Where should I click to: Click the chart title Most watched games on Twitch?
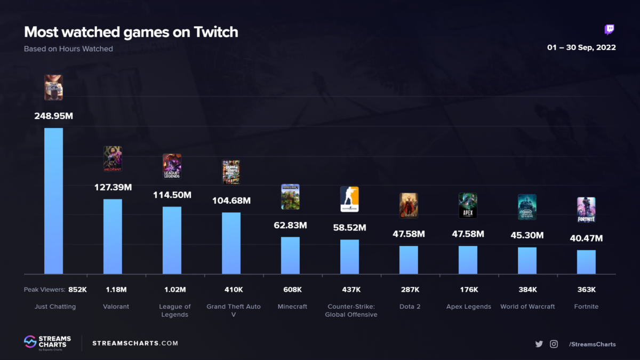point(131,32)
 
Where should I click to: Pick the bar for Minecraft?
point(290,255)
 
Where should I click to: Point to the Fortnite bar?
point(586,262)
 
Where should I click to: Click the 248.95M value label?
point(53,115)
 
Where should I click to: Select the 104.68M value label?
point(231,201)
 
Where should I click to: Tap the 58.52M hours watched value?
point(349,228)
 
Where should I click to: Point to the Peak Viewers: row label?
point(44,290)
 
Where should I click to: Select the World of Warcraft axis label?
point(527,307)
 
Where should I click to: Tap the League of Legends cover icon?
point(172,166)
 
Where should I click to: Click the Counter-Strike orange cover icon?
point(349,199)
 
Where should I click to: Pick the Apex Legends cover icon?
point(468,205)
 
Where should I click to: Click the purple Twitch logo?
point(609,29)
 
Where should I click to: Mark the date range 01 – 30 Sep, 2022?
point(581,47)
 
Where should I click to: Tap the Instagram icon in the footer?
point(554,344)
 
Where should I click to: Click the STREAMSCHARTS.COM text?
point(135,343)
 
